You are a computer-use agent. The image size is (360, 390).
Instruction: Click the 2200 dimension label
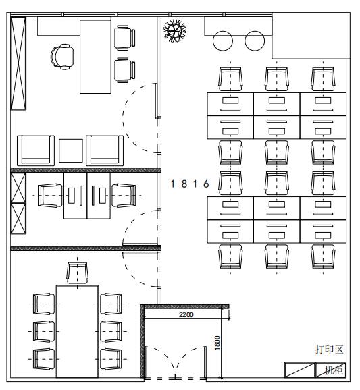[x=186, y=314]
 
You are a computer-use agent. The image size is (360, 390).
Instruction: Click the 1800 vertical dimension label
[x=217, y=343]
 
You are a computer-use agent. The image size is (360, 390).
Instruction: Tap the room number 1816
[x=190, y=184]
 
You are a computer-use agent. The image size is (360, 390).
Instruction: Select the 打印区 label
[x=330, y=350]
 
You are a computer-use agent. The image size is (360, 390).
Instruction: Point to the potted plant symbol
[x=174, y=30]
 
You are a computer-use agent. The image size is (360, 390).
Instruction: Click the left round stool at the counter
[x=223, y=40]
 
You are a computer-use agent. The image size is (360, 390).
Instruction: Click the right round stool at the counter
[x=255, y=40]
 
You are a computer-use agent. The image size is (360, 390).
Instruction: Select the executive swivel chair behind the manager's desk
[x=62, y=57]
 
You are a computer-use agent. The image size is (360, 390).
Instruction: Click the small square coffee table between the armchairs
[x=71, y=150]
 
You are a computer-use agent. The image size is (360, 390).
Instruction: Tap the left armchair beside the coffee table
[x=36, y=150]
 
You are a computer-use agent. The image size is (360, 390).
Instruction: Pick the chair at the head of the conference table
[x=78, y=273]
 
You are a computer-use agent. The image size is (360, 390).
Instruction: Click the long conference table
[x=78, y=331]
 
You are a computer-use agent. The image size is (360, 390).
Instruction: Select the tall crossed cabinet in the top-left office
[x=18, y=63]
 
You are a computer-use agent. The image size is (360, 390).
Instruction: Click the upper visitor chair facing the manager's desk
[x=125, y=38]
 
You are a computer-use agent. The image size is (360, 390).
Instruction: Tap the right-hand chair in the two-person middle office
[x=124, y=196]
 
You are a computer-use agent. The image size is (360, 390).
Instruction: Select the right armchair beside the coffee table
[x=105, y=150]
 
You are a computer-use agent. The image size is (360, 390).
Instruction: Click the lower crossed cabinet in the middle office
[x=18, y=219]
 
